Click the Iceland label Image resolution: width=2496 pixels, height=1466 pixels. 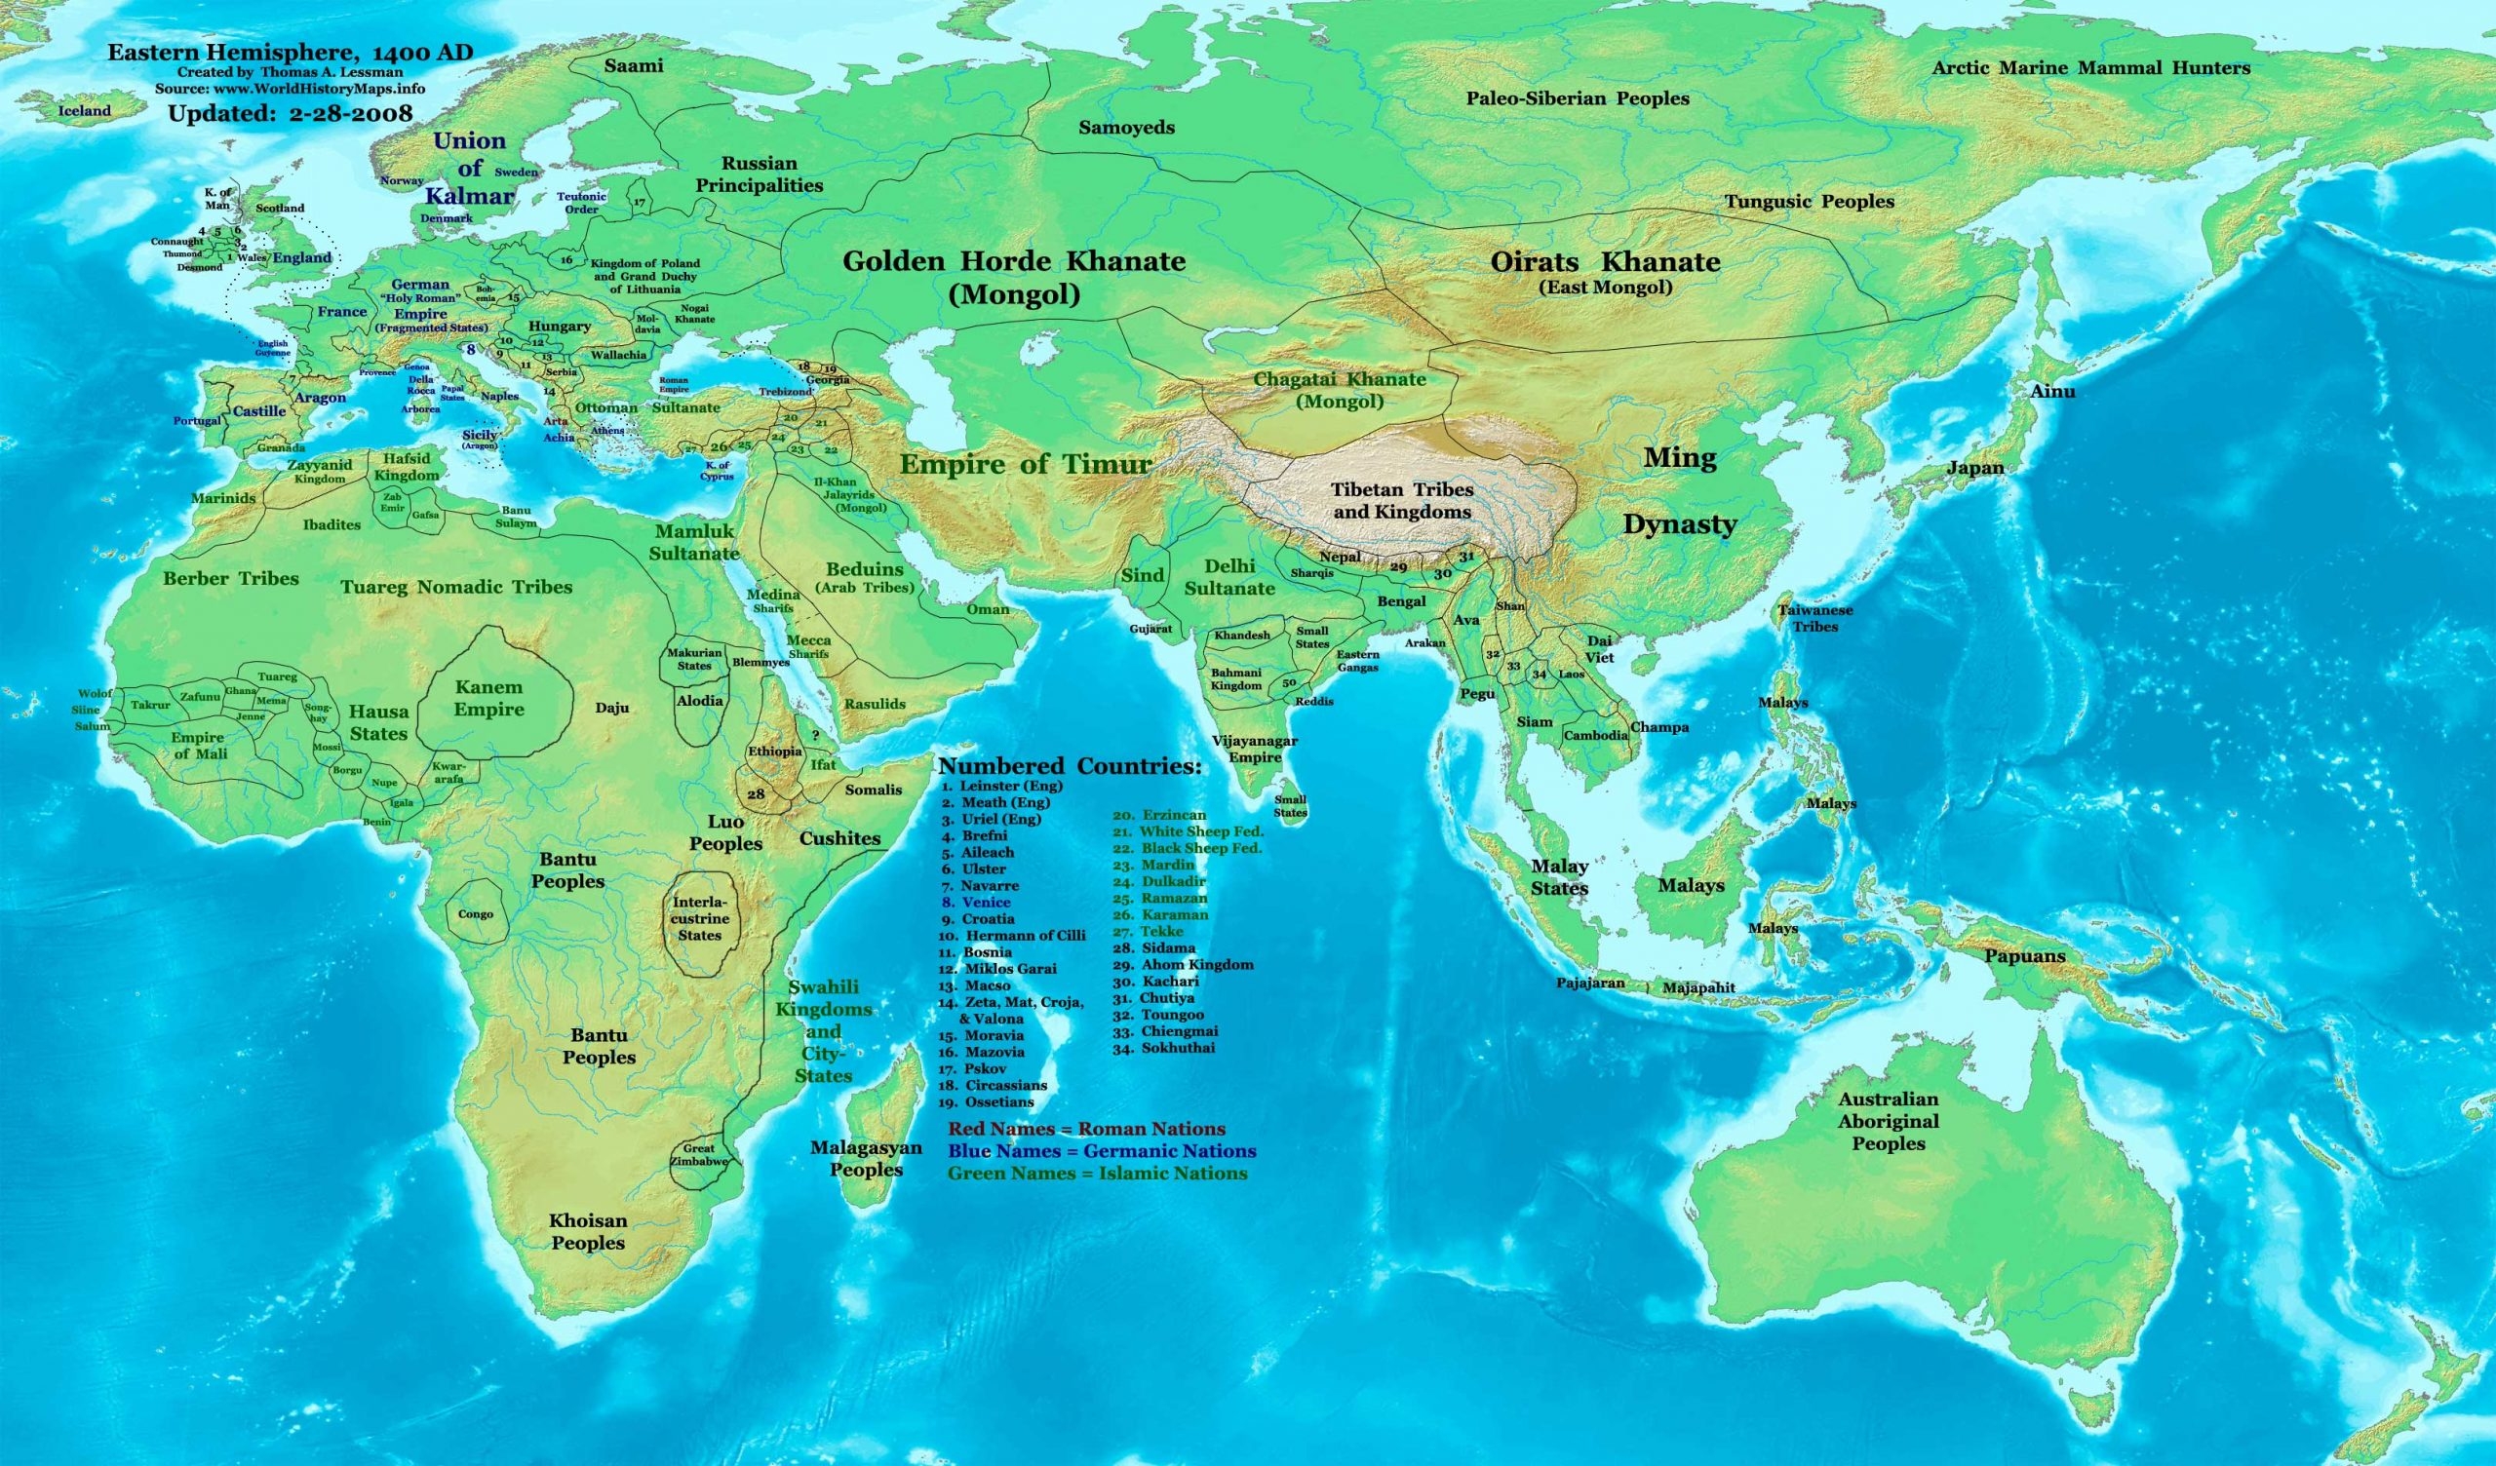tap(84, 111)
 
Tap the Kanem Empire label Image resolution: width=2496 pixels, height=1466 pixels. tap(488, 698)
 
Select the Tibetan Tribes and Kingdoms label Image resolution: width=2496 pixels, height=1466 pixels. tap(1400, 500)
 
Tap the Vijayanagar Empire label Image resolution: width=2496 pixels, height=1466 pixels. tap(1255, 749)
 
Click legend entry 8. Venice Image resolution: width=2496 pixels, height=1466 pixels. tap(977, 903)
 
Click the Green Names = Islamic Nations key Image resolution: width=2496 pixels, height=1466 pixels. tap(1098, 1173)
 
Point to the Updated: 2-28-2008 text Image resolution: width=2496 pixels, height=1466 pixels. tap(290, 113)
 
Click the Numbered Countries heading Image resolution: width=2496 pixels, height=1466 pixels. tap(1069, 767)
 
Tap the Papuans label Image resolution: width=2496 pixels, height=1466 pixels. tap(2024, 956)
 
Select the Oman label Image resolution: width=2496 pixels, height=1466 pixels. tap(988, 608)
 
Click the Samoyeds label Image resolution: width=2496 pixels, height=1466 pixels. tap(1126, 127)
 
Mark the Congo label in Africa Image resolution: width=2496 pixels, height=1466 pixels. tap(476, 914)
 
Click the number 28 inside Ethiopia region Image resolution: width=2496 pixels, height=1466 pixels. tap(756, 794)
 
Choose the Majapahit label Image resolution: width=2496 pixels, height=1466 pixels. tap(1697, 987)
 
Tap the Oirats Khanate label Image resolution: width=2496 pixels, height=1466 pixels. tap(1605, 262)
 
